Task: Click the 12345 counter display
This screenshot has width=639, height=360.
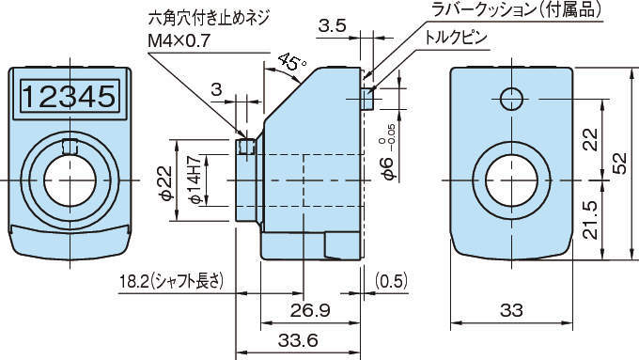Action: coord(68,97)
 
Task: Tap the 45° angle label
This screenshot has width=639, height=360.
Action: coord(292,63)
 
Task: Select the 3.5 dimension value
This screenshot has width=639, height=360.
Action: coord(332,25)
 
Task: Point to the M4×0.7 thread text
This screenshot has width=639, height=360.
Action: coord(179,40)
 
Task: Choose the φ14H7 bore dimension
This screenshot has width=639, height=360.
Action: coord(195,180)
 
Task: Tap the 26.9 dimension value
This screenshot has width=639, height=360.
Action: coord(310,311)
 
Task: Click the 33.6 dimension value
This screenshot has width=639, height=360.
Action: coord(298,340)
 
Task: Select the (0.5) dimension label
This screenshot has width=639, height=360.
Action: coord(390,281)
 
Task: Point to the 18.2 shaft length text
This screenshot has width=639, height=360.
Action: coord(171,281)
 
